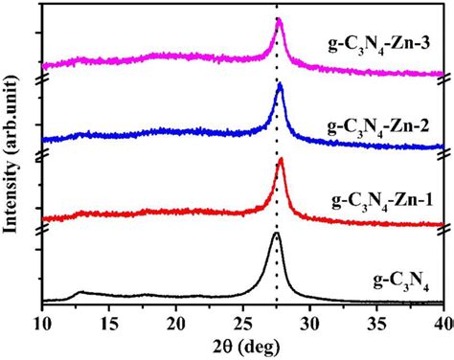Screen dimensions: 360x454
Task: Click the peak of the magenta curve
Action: pos(279,22)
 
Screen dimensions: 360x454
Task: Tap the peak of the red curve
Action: pos(281,160)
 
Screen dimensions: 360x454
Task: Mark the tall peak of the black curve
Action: pos(276,234)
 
